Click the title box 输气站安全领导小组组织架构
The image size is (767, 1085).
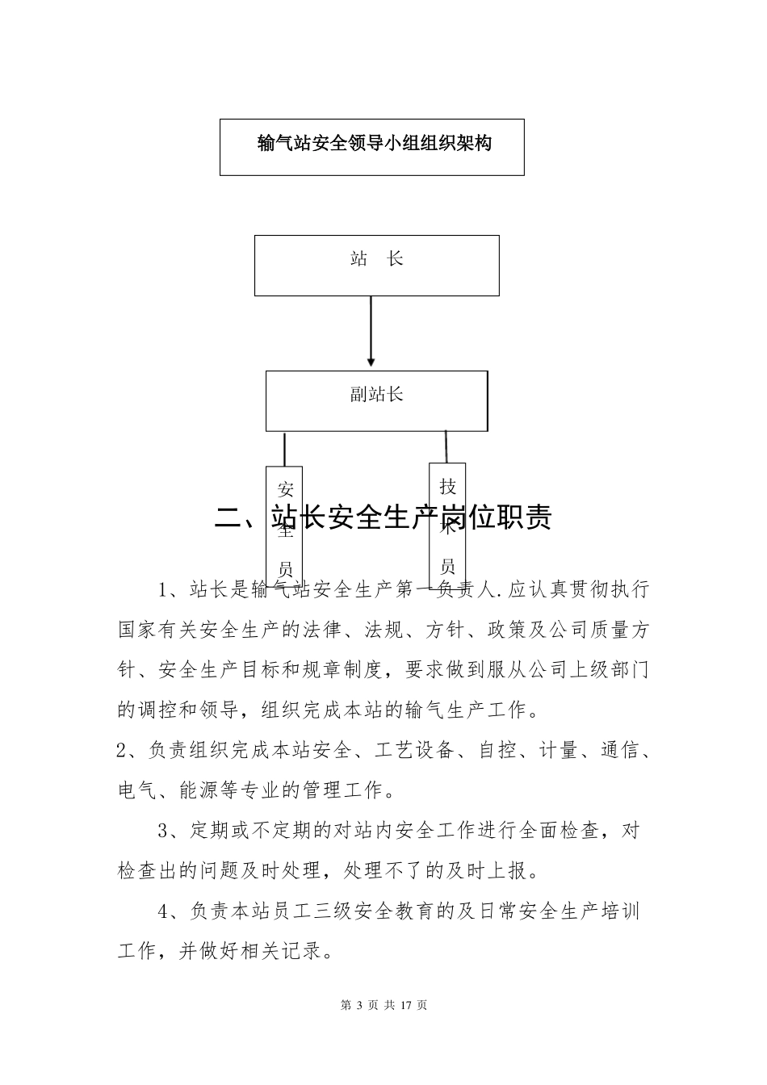pyautogui.click(x=372, y=146)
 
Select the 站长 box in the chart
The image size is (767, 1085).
pyautogui.click(x=376, y=265)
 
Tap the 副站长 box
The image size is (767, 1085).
pyautogui.click(x=376, y=400)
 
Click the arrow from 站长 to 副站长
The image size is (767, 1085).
pyautogui.click(x=371, y=331)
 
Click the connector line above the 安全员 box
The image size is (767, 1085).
pyautogui.click(x=284, y=448)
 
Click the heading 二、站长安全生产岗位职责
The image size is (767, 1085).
pyautogui.click(x=383, y=517)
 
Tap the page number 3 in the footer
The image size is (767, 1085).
pyautogui.click(x=358, y=1005)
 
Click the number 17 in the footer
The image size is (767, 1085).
pyautogui.click(x=406, y=1005)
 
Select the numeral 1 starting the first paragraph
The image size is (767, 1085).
pyautogui.click(x=164, y=589)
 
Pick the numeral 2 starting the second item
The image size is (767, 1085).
pyautogui.click(x=123, y=751)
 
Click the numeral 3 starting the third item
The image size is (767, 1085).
pyautogui.click(x=164, y=831)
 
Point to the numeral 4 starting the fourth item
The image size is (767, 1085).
pyautogui.click(x=164, y=911)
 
